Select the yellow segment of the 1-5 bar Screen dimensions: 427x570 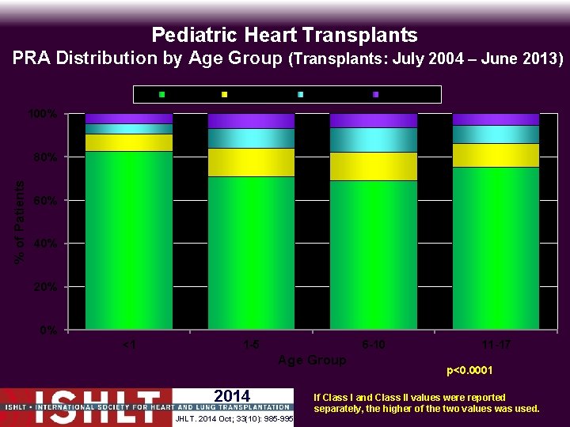pos(251,162)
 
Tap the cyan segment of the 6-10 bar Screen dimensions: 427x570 pos(373,139)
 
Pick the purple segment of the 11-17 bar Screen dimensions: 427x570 pos(496,119)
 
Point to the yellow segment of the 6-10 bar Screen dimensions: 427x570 pos(373,166)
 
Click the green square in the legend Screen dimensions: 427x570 pos(162,95)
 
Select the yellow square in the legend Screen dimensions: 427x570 pos(225,95)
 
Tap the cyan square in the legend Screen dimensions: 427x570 pos(300,95)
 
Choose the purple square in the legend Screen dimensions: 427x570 pos(375,95)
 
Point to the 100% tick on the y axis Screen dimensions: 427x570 pos(43,114)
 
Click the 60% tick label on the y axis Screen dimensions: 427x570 pos(44,200)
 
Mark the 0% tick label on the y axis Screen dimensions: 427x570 pos(47,330)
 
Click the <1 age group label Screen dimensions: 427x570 pos(129,345)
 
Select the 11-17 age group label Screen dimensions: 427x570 pos(496,345)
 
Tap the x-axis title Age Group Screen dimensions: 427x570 pos(312,360)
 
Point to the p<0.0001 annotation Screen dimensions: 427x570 pos(469,370)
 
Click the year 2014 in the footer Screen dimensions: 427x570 pos(232,396)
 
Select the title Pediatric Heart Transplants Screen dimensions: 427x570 pos(284,36)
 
